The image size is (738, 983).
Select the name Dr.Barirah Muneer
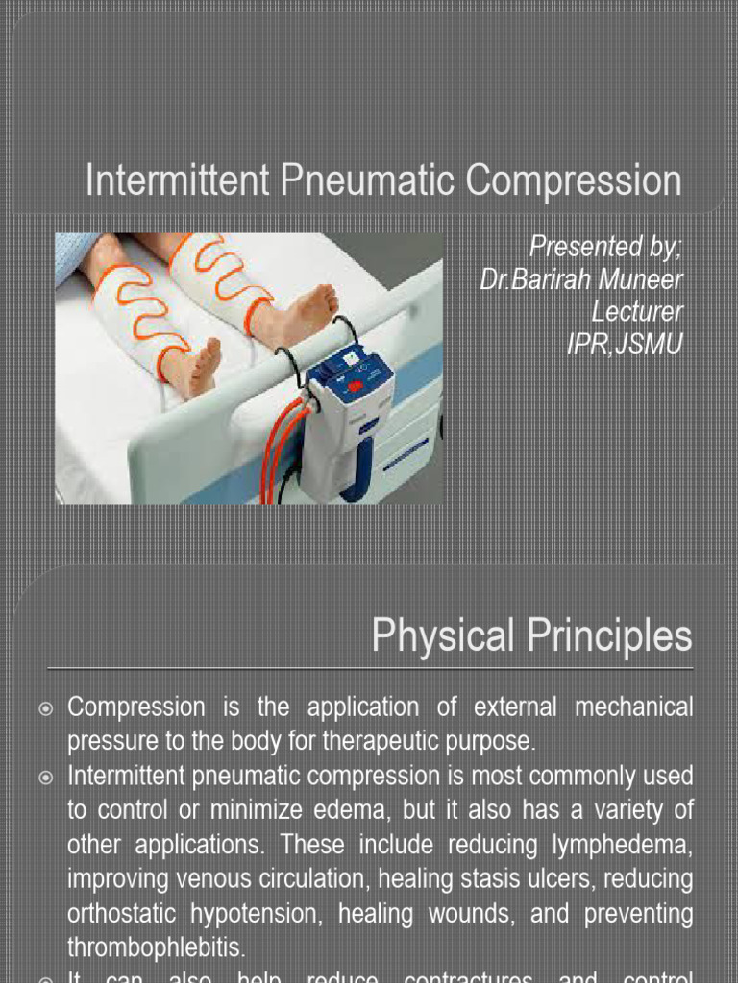[x=581, y=279]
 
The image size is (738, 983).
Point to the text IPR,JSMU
[x=625, y=343]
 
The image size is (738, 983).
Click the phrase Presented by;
[x=606, y=247]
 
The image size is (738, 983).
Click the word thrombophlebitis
[x=157, y=947]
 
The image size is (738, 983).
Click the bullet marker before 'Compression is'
[x=45, y=708]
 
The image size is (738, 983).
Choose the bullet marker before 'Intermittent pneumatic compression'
[x=45, y=775]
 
